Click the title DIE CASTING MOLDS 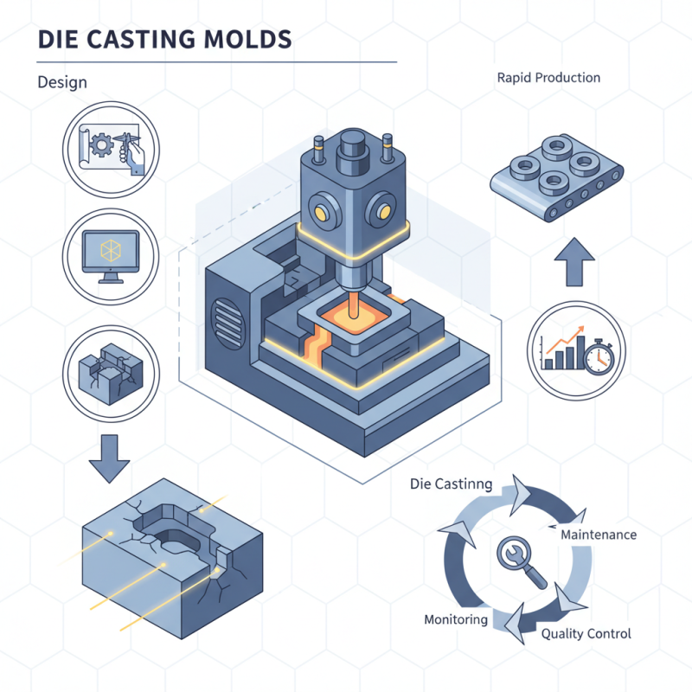164,40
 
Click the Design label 62,82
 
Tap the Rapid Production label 548,78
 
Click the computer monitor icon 112,253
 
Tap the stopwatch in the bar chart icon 598,356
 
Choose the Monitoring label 456,619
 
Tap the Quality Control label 586,633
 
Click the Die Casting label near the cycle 451,484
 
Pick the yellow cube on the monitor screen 110,249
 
